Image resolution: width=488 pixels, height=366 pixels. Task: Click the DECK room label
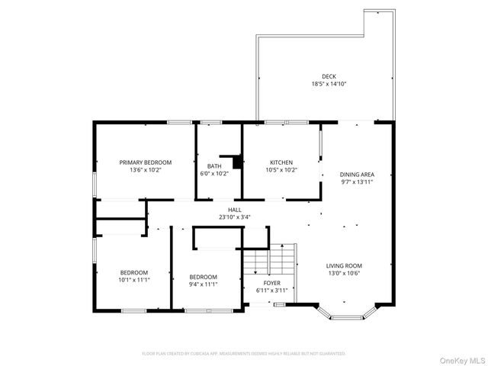(x=328, y=75)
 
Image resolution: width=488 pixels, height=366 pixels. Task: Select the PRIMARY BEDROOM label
(x=145, y=162)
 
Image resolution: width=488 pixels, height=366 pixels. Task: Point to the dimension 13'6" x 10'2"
(x=145, y=170)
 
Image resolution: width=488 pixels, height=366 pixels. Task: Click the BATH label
(x=214, y=166)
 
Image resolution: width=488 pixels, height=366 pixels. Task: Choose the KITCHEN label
(x=281, y=162)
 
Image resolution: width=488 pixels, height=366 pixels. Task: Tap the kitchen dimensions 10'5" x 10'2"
(x=281, y=170)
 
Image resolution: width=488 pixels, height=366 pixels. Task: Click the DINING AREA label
(x=357, y=175)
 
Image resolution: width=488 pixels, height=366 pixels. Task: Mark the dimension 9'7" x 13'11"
(x=357, y=182)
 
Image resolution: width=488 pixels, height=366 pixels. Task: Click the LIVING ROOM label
(x=344, y=265)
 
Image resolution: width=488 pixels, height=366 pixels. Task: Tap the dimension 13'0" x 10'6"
(x=344, y=273)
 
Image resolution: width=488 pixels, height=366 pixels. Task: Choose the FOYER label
(x=262, y=283)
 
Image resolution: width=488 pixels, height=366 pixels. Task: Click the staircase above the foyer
(x=269, y=262)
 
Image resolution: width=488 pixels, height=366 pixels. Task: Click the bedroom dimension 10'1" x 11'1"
(x=133, y=280)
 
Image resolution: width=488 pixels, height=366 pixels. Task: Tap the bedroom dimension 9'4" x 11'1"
(x=204, y=284)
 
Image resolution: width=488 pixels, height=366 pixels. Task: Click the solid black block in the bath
(x=236, y=162)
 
